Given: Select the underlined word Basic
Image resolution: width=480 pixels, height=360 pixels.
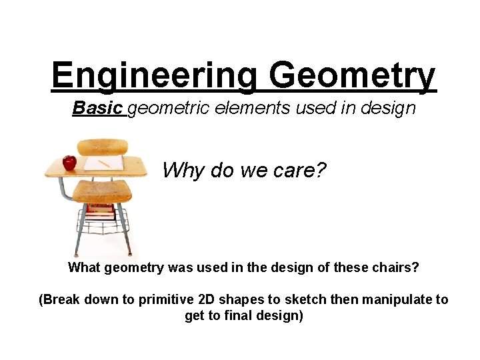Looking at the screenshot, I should [98, 107].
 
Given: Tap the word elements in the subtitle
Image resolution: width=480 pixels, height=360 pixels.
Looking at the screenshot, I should [261, 107].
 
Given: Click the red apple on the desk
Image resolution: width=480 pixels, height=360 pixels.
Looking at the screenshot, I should [69, 162].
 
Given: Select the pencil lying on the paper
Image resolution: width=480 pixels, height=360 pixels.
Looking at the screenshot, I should [104, 163].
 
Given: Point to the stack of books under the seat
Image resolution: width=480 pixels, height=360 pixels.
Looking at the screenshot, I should [101, 212].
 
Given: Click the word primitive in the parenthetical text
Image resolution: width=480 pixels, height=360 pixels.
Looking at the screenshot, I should [166, 300].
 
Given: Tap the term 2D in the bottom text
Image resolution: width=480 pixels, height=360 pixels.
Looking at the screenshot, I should [206, 300].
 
